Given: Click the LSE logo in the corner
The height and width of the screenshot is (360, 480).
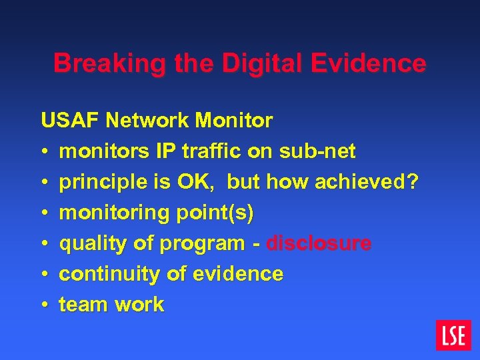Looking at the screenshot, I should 453,335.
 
